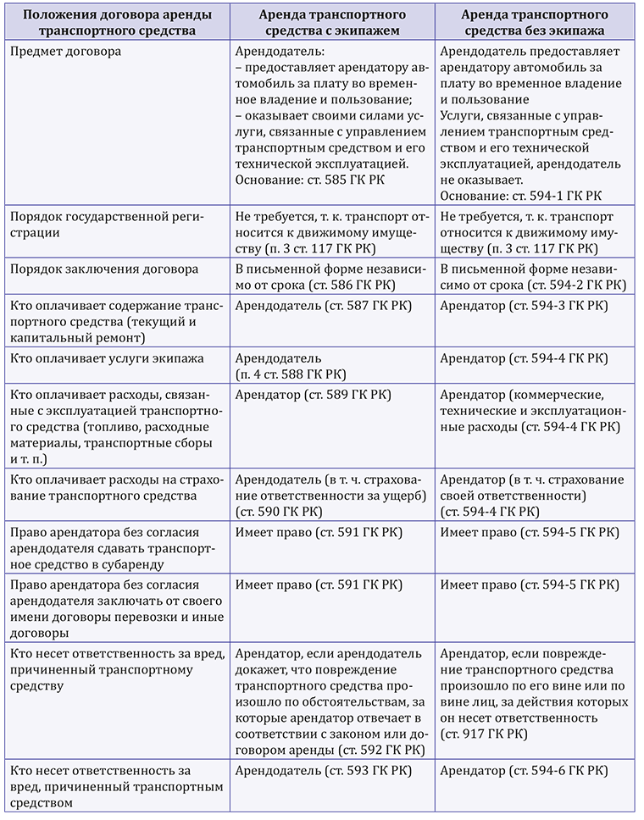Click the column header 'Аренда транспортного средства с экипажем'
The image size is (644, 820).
(x=333, y=23)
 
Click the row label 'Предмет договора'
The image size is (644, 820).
(x=64, y=51)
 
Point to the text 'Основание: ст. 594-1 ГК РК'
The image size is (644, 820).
(x=520, y=197)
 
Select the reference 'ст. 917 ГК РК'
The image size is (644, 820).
(x=480, y=734)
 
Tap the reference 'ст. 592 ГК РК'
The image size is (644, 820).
(x=381, y=751)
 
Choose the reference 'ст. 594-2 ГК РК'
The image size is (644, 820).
(x=563, y=286)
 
